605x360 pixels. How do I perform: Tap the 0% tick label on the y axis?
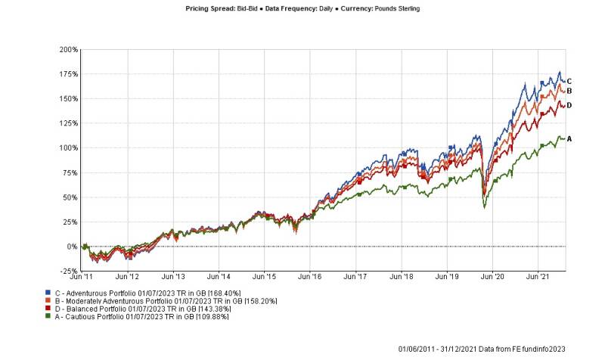(73, 247)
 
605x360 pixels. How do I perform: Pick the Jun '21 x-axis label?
(538, 277)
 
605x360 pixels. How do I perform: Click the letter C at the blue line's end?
(569, 81)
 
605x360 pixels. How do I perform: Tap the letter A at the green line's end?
(569, 138)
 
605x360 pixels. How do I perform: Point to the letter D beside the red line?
(569, 105)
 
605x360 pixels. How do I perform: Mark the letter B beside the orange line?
(569, 91)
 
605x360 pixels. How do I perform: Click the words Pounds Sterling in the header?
(393, 8)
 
